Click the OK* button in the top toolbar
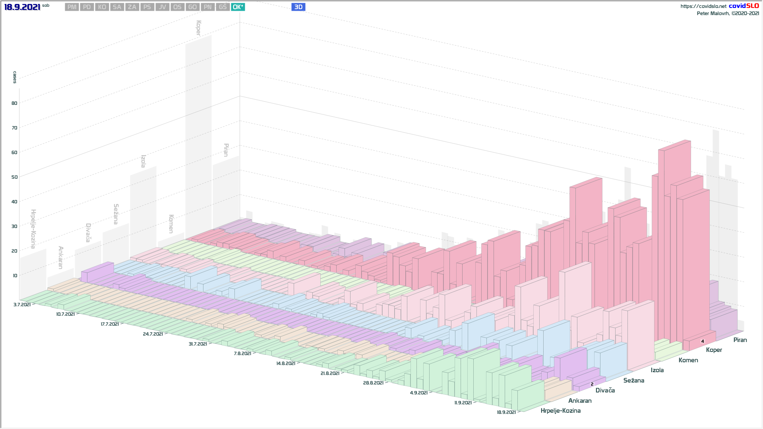pyautogui.click(x=238, y=7)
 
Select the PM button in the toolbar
pyautogui.click(x=72, y=7)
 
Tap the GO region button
pyautogui.click(x=192, y=7)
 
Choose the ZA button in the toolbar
pyautogui.click(x=132, y=7)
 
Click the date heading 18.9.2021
pyautogui.click(x=22, y=7)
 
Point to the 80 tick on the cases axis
pyautogui.click(x=15, y=103)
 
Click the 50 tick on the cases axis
pyautogui.click(x=15, y=177)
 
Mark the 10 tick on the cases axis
pyautogui.click(x=15, y=276)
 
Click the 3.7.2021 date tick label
pyautogui.click(x=22, y=305)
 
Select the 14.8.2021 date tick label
pyautogui.click(x=286, y=363)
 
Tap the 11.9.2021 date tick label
pyautogui.click(x=463, y=403)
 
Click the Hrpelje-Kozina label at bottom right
pyautogui.click(x=560, y=411)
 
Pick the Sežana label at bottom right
pyautogui.click(x=633, y=381)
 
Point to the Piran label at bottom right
pyautogui.click(x=740, y=340)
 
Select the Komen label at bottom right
pyautogui.click(x=688, y=360)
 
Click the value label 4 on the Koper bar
pyautogui.click(x=703, y=341)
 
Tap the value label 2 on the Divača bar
pyautogui.click(x=592, y=384)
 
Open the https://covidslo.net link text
pyautogui.click(x=703, y=6)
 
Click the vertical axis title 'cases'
pyautogui.click(x=15, y=77)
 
